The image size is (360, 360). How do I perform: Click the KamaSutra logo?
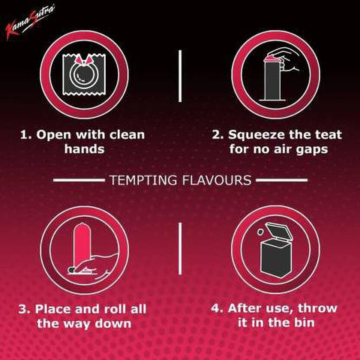(x=29, y=22)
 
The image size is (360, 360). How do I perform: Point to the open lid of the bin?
(x=279, y=232)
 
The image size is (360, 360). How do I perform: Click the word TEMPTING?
(x=143, y=180)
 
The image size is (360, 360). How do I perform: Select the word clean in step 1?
(x=127, y=135)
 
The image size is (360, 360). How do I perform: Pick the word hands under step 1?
(x=84, y=149)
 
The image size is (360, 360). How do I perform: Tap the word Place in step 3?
(x=53, y=309)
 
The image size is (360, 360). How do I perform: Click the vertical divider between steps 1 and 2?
(x=180, y=76)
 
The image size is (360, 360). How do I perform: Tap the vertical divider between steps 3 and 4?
(x=180, y=249)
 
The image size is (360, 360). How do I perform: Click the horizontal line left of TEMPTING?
(x=79, y=180)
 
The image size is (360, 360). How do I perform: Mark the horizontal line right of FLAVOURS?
(x=282, y=180)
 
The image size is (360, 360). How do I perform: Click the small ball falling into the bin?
(x=260, y=232)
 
